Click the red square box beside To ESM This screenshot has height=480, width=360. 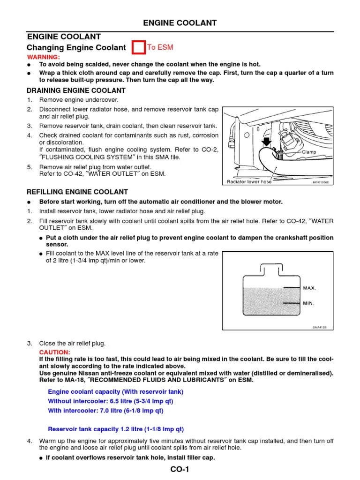[x=139, y=48]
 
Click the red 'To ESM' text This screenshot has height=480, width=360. [x=160, y=47]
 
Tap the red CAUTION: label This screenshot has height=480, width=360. [x=54, y=352]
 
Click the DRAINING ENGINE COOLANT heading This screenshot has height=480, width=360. [x=76, y=90]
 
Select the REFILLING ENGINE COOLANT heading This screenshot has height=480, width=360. [x=77, y=192]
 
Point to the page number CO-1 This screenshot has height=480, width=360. [x=180, y=470]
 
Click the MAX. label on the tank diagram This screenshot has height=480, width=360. [x=309, y=288]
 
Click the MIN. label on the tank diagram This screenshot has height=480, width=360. [x=308, y=303]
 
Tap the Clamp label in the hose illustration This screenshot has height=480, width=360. [x=309, y=152]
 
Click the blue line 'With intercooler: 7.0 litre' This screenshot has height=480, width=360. [x=105, y=411]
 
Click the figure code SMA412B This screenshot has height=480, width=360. [x=320, y=328]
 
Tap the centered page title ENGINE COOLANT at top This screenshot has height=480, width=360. [x=180, y=22]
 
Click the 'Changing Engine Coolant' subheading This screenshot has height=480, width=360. [x=76, y=47]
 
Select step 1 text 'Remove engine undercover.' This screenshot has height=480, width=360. [x=79, y=100]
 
